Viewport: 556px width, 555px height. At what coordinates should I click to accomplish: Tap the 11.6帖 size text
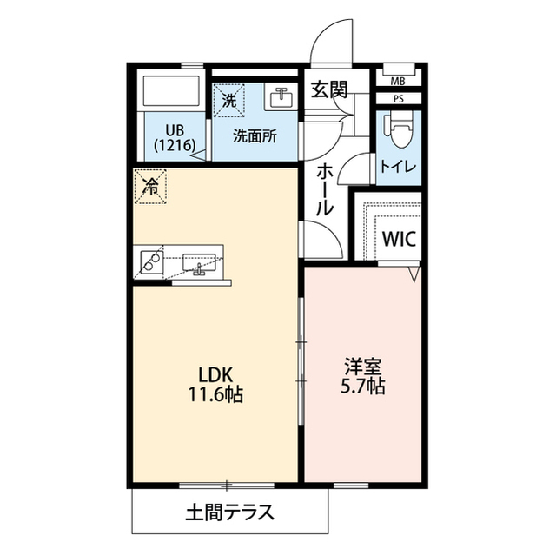coord(214,395)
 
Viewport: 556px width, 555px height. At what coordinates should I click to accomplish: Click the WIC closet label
coord(399,236)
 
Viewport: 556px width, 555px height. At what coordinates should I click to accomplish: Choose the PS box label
coord(398,99)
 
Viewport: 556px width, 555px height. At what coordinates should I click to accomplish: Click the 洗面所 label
coord(255,135)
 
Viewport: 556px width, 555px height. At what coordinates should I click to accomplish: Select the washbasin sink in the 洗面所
coord(280,96)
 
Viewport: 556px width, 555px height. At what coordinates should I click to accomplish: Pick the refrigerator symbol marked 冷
coord(151,185)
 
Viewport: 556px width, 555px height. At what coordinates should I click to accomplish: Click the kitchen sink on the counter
coord(201,261)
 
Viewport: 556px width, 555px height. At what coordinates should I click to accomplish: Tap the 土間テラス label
coord(229,511)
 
